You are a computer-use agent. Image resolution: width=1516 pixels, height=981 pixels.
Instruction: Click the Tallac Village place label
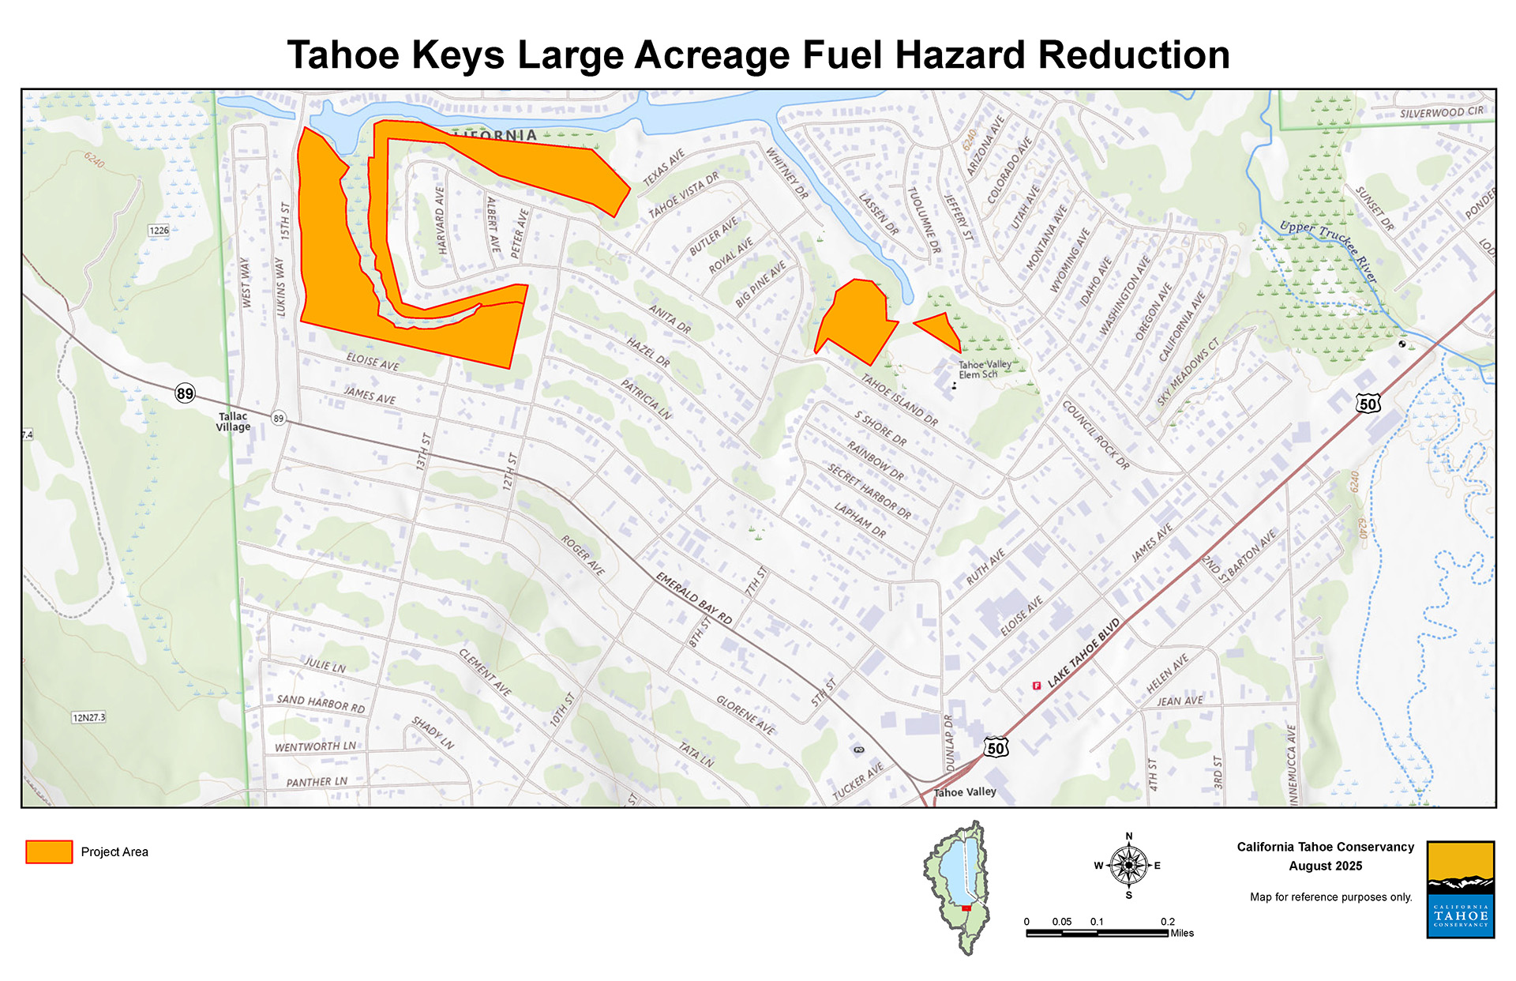[x=233, y=422]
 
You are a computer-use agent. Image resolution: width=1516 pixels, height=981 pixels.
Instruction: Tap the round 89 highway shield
[x=185, y=393]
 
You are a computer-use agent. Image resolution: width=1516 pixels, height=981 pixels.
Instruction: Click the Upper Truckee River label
[x=1328, y=250]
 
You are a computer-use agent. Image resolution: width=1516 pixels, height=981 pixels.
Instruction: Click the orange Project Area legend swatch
[x=49, y=851]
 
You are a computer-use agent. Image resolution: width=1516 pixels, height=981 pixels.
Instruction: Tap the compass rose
[x=1128, y=866]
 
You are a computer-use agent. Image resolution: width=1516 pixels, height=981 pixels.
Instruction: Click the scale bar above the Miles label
[x=1097, y=934]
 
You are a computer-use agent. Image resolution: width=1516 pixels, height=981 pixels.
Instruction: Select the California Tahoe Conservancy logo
[x=1460, y=889]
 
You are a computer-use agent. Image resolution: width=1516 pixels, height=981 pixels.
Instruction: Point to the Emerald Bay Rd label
[x=694, y=599]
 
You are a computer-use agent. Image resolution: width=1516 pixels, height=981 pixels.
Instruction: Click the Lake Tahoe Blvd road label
[x=1084, y=652]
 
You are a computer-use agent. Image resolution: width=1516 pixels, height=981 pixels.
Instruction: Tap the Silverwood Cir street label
[x=1441, y=112]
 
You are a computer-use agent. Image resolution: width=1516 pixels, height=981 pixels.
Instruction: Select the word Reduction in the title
[x=1134, y=55]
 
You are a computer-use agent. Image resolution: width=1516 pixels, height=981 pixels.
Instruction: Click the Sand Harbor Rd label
[x=321, y=703]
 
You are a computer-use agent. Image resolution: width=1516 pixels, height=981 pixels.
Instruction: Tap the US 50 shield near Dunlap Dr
[x=996, y=748]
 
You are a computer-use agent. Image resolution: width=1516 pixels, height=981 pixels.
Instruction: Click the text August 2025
[x=1325, y=866]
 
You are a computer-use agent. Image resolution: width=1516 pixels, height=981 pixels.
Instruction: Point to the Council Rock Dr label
[x=1096, y=435]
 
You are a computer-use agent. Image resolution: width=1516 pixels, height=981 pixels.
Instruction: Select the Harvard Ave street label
[x=441, y=220]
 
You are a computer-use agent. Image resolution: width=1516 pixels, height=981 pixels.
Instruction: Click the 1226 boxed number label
[x=159, y=231]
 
